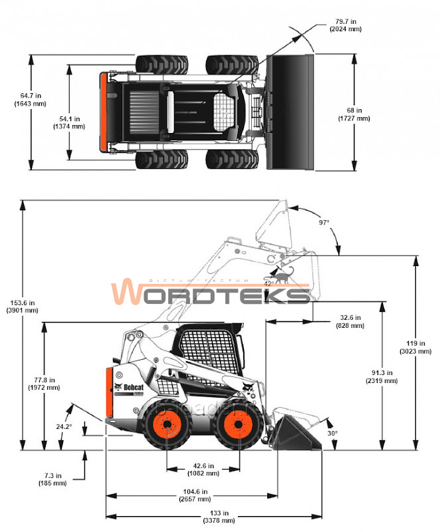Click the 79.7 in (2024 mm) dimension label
[x=346, y=25]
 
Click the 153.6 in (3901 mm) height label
[x=22, y=306]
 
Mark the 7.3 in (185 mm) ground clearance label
[x=53, y=479]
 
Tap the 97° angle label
[x=324, y=223]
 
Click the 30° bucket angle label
[x=332, y=433]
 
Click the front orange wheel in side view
[x=237, y=425]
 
